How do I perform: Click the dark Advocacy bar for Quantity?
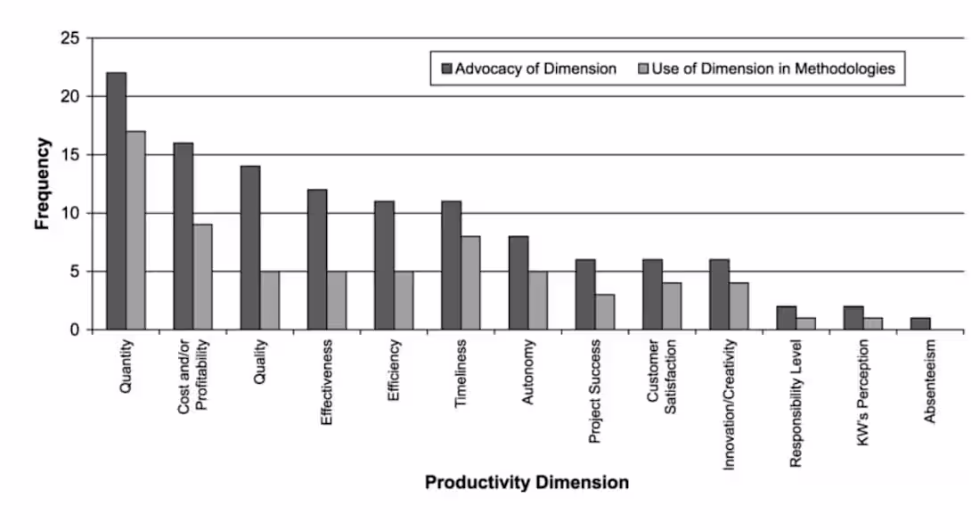point(116,201)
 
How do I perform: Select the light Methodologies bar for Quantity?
point(135,231)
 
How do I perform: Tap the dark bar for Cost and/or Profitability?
point(183,236)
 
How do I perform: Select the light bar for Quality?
point(269,301)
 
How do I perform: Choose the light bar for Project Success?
point(604,313)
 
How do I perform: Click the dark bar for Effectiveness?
point(316,260)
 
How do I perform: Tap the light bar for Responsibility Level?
point(805,324)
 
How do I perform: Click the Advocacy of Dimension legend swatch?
point(446,69)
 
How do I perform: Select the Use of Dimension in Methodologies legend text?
point(772,69)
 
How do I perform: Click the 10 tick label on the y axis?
point(69,213)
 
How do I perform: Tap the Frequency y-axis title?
point(42,183)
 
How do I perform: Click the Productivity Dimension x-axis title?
point(527,483)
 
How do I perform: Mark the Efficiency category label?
point(393,370)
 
